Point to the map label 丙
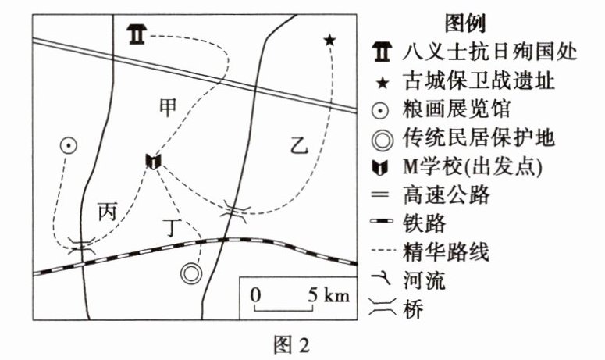(x=108, y=212)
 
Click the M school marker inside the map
(x=153, y=162)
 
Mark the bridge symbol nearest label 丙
(x=81, y=247)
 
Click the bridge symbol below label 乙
(x=234, y=208)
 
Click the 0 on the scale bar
(x=254, y=295)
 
